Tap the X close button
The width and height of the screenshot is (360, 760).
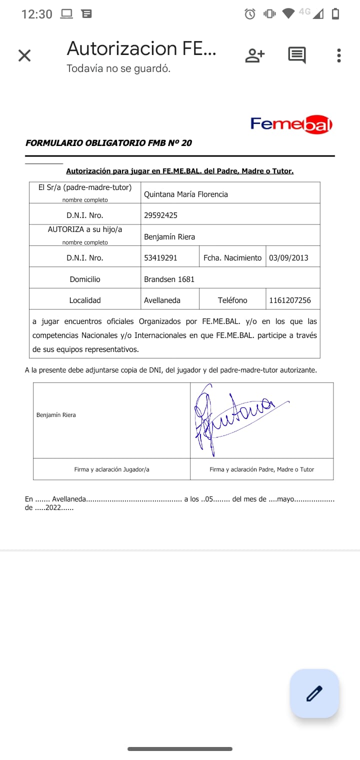click(24, 55)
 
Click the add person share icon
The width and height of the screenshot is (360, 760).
click(254, 55)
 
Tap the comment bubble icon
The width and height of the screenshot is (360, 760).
click(297, 55)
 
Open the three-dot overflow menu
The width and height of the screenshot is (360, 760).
click(339, 55)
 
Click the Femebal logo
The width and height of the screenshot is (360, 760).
click(291, 124)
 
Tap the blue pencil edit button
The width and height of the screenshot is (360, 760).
click(314, 693)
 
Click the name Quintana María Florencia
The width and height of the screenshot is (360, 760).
click(185, 194)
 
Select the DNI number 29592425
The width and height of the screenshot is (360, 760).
click(160, 215)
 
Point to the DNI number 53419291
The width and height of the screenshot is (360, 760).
click(160, 258)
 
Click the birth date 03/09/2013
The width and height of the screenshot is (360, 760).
click(288, 258)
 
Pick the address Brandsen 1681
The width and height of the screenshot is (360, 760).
click(169, 279)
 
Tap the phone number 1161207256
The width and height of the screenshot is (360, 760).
click(289, 300)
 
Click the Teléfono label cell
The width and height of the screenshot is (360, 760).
click(232, 300)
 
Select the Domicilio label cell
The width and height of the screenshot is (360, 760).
click(85, 279)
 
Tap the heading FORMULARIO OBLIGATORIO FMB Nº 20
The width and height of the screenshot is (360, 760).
click(108, 143)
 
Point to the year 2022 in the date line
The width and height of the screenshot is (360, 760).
click(52, 507)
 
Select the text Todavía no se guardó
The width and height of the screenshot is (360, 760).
click(118, 68)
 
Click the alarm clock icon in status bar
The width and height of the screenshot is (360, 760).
click(249, 14)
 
